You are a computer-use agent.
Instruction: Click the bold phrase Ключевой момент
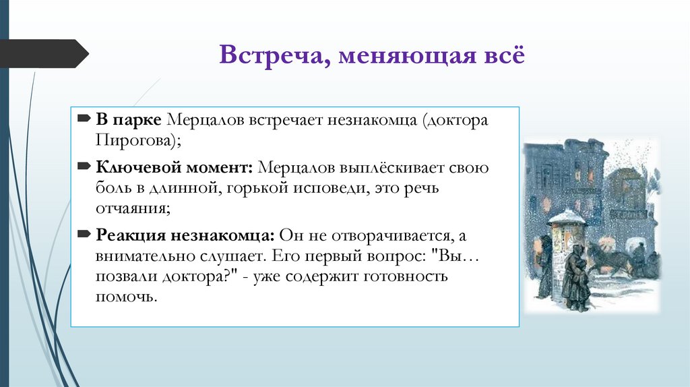(x=174, y=167)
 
